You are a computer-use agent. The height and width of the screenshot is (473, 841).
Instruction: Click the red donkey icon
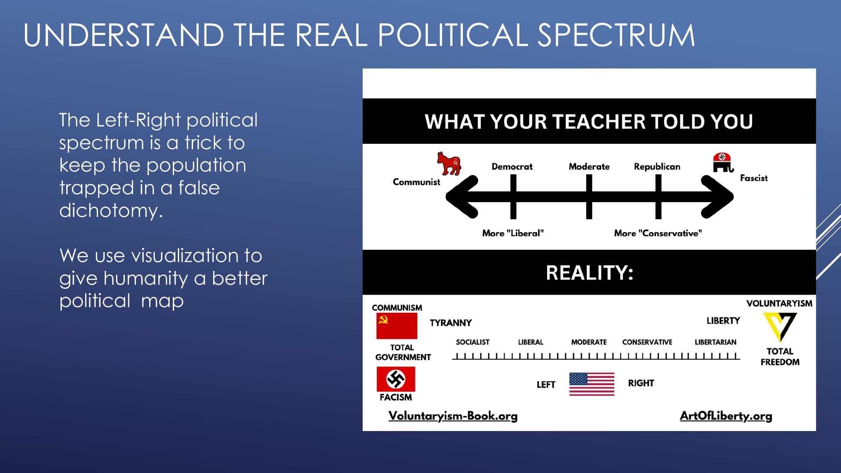point(449,164)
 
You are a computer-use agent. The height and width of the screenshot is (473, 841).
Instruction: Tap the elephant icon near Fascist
point(723,163)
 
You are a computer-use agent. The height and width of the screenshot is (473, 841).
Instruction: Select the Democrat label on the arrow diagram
point(512,166)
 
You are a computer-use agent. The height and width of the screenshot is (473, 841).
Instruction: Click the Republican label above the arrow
point(657,166)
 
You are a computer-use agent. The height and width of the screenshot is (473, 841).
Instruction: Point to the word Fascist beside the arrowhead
point(754,178)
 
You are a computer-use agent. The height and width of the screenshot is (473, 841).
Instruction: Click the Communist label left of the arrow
point(416,182)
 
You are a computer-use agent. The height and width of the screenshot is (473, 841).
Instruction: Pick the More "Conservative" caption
point(658,233)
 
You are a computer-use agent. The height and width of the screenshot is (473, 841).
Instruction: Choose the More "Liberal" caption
point(513,233)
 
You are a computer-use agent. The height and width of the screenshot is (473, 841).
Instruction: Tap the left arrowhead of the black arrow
point(460,197)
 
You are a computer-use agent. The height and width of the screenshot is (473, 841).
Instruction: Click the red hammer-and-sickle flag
point(397,326)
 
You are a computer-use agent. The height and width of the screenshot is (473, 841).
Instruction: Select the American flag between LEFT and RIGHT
point(592,384)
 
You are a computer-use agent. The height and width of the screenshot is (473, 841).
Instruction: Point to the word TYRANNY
point(450,323)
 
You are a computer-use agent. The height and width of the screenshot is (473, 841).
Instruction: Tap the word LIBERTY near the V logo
point(723,321)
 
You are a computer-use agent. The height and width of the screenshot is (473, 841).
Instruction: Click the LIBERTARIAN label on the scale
point(715,342)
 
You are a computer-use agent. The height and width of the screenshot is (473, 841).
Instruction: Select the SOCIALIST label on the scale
point(473,342)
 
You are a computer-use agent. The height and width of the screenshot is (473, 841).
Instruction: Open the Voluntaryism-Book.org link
point(453,416)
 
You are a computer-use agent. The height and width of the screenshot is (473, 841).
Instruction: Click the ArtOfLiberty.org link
point(726,416)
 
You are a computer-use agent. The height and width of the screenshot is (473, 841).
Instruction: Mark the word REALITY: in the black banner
point(589,273)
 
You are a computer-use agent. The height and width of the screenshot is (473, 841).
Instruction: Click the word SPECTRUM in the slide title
point(616,35)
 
